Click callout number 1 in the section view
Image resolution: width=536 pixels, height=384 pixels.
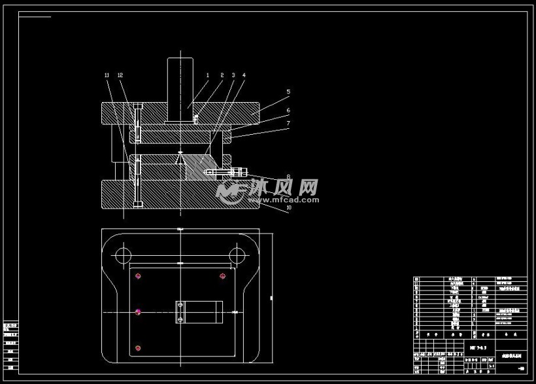pos(208,76)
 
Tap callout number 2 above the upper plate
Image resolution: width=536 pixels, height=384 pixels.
pos(222,76)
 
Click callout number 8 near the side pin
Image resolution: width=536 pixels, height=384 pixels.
pos(288,176)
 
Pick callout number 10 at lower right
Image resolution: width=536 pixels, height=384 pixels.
pos(288,209)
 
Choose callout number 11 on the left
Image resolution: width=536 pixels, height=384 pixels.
pos(107,76)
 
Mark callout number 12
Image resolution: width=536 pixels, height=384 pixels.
pos(120,76)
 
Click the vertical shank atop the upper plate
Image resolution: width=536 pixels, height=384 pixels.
pos(180,89)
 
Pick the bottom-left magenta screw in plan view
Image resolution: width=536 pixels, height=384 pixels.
pos(137,347)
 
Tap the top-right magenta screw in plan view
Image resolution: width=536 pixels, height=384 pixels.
pos(223,275)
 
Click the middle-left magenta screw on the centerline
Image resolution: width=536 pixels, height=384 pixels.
pos(138,313)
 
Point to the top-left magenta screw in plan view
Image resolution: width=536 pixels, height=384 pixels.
pos(137,275)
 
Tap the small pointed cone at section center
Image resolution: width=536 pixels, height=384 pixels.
pos(180,154)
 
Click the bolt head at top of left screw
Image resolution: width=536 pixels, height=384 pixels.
pos(137,107)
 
